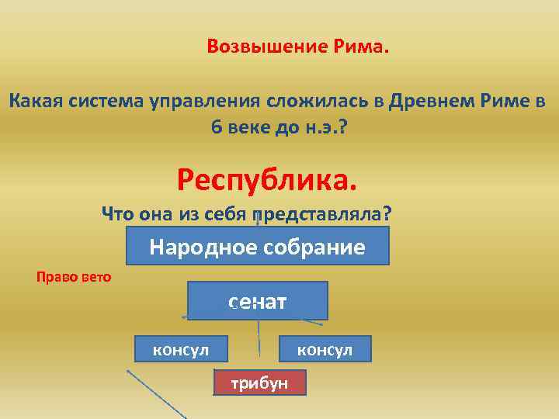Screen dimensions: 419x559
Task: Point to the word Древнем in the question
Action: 427,101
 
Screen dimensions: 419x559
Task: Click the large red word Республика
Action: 268,180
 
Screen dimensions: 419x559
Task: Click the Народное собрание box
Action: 257,248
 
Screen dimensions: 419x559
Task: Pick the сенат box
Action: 257,300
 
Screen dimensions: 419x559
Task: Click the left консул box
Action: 181,349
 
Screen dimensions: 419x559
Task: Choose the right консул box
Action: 325,349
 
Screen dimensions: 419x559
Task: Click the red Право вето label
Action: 74,276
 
